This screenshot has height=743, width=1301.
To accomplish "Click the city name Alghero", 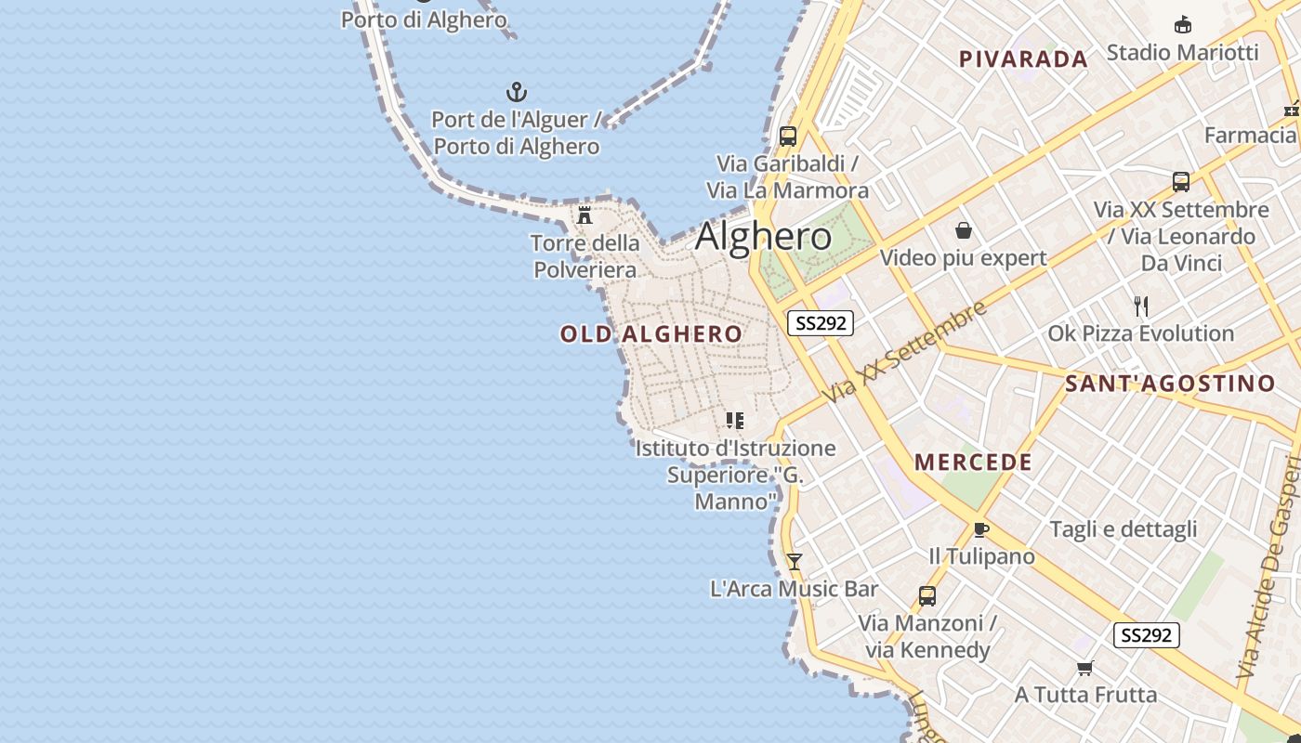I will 763,237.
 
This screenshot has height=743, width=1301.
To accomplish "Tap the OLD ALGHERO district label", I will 651,334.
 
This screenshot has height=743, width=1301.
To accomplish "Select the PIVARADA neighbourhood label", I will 1023,59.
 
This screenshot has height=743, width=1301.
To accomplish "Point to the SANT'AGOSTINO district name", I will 1170,384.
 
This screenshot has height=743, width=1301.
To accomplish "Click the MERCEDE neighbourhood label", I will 973,463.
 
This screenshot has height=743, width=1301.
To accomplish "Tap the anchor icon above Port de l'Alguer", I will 516,92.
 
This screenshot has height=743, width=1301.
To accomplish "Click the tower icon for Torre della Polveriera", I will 585,215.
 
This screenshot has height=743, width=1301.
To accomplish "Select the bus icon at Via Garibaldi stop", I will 788,136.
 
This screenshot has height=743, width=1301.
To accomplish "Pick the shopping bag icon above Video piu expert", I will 964,230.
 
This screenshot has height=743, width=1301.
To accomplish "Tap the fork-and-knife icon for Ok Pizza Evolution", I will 1141,306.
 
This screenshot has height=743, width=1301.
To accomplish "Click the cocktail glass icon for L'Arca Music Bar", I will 794,561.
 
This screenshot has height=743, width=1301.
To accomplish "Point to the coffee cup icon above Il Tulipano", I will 980,529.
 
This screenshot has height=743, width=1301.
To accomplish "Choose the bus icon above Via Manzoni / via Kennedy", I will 926,595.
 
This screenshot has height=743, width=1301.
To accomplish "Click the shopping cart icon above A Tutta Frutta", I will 1084,668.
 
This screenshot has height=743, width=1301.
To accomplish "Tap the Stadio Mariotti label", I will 1182,52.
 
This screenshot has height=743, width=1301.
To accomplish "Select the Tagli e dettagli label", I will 1124,529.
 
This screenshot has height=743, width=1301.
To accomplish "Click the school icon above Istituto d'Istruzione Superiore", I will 735,421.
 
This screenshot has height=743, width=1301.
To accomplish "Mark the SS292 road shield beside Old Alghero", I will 821,323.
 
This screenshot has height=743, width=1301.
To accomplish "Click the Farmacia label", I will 1250,136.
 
